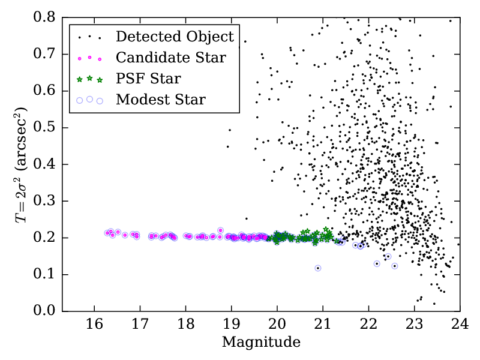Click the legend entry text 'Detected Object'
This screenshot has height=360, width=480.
point(175,37)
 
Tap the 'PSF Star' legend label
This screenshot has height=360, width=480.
point(148,78)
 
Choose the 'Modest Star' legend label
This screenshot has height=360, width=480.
point(161,99)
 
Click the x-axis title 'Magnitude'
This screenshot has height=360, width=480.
point(261,343)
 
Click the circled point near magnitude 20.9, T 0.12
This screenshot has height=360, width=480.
point(318,268)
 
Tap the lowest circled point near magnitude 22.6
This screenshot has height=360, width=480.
point(395,266)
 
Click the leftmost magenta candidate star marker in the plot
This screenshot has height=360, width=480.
point(107,233)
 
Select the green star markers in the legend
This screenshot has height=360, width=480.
point(89,78)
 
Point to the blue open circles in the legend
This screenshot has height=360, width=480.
point(89,100)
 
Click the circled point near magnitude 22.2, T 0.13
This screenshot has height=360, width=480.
point(377,263)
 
